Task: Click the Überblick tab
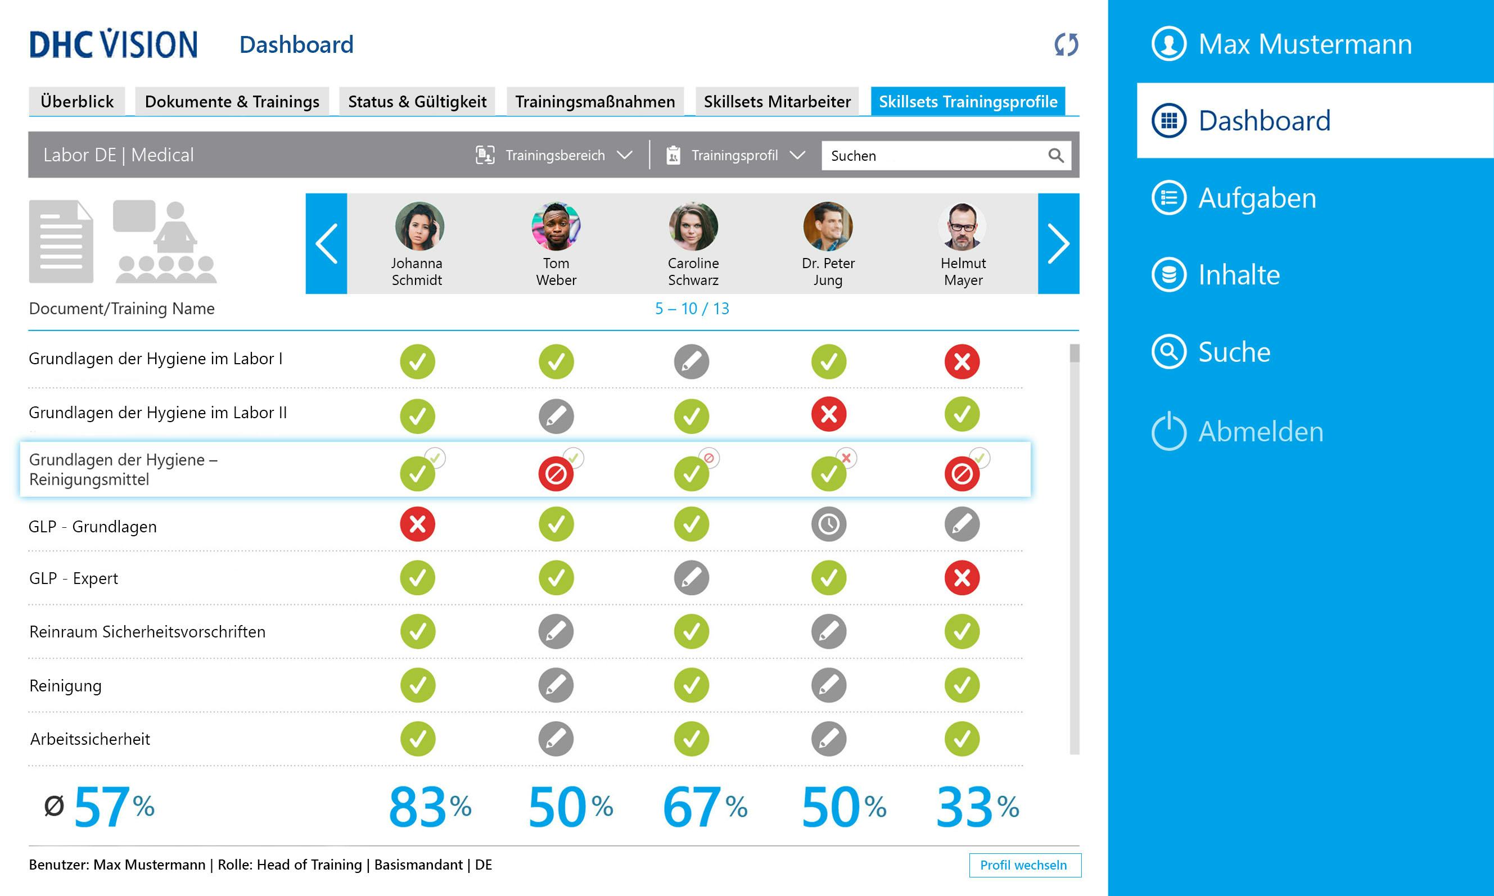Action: click(76, 101)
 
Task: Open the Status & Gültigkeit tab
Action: click(417, 101)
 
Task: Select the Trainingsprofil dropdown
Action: click(735, 155)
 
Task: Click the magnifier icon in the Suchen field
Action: click(1055, 155)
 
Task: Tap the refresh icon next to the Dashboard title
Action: click(1066, 44)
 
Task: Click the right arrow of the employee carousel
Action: click(1058, 243)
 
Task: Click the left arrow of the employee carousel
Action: click(326, 243)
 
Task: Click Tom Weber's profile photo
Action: click(556, 227)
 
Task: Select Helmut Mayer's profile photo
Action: click(962, 227)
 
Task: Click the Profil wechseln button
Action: click(1024, 865)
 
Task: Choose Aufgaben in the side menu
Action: click(1256, 198)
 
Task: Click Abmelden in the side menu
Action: click(1260, 432)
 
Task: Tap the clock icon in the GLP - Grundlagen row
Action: click(828, 524)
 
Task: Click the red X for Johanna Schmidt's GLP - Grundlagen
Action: click(417, 524)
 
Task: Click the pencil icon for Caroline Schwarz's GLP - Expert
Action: click(692, 578)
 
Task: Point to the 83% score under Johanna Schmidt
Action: click(430, 807)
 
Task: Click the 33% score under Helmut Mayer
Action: click(977, 807)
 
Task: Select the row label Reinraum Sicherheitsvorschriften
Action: click(147, 632)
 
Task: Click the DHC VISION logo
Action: click(114, 44)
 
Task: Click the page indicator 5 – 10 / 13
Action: click(692, 309)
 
